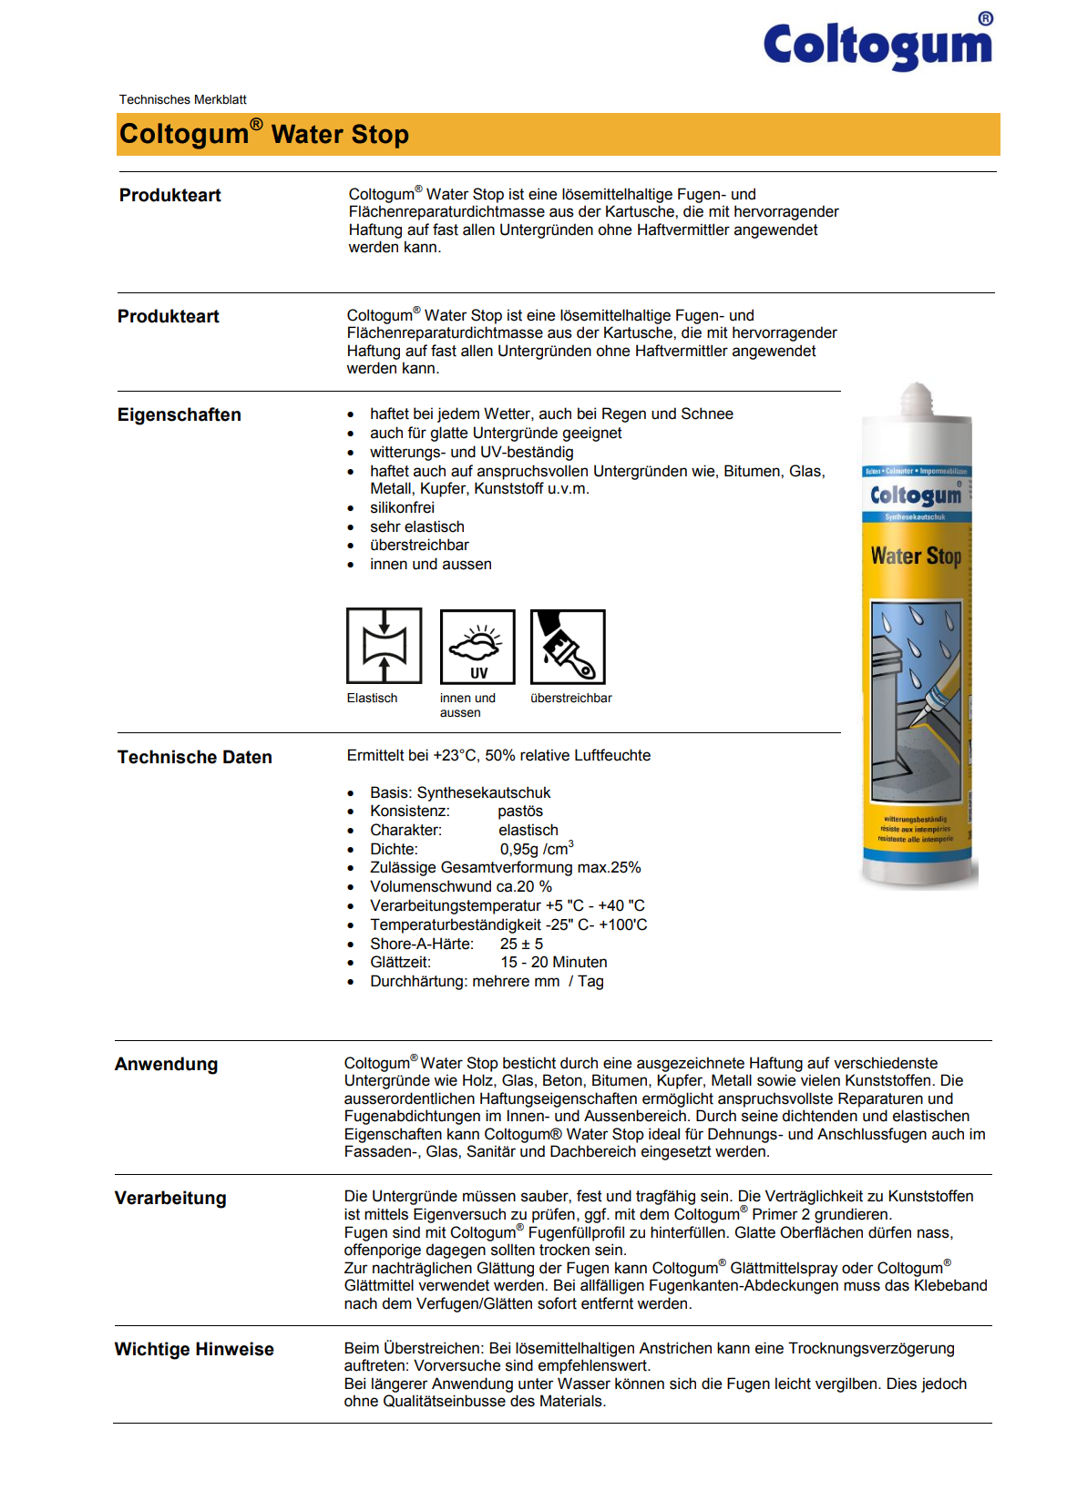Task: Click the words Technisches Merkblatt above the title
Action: click(182, 99)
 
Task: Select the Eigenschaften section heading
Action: click(180, 414)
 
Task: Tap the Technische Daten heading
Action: click(194, 757)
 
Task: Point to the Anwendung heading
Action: click(166, 1064)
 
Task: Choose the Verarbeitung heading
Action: click(170, 1198)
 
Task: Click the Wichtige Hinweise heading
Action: click(194, 1349)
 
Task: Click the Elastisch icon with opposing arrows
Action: click(384, 646)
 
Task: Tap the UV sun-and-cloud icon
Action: click(477, 646)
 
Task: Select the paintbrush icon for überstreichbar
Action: click(568, 647)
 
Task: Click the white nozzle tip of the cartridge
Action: click(917, 398)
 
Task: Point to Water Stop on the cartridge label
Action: click(916, 556)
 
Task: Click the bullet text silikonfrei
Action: click(402, 507)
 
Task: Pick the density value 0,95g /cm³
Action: click(536, 849)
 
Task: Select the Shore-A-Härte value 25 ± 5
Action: click(521, 944)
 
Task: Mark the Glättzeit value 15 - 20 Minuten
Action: click(553, 962)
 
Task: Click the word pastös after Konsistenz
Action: click(520, 811)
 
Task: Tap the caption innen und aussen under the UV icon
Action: click(467, 705)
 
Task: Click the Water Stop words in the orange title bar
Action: click(340, 135)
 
